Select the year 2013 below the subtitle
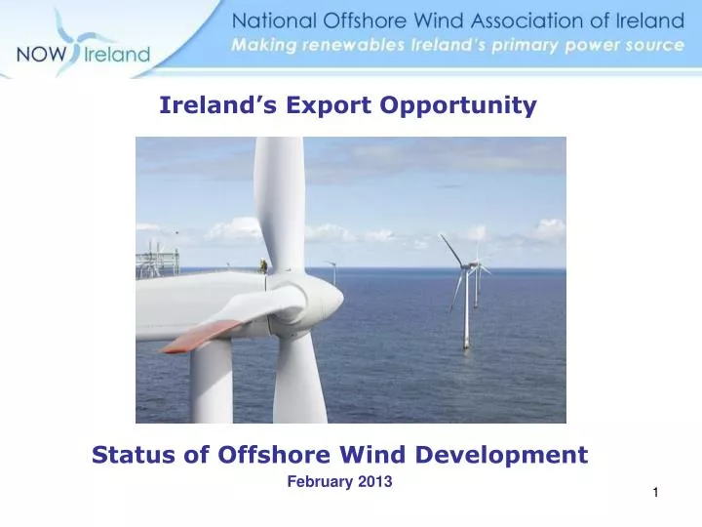click(373, 481)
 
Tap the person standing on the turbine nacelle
click(262, 263)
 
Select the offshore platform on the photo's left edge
click(159, 260)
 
